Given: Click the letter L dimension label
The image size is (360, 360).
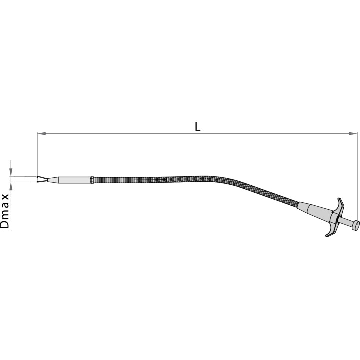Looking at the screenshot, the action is point(197,127).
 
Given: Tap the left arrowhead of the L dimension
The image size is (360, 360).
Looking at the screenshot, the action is point(42,133).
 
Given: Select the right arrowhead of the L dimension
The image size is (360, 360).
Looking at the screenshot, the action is point(353,133).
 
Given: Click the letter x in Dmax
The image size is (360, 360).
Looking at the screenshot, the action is point(6,197).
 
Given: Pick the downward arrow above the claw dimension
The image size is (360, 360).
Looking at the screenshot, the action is point(11,168).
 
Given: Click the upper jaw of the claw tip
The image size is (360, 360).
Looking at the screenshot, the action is point(42,177).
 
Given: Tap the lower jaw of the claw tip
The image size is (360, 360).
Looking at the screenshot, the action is point(42,181).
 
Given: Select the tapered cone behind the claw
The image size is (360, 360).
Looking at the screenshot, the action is point(53,180).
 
